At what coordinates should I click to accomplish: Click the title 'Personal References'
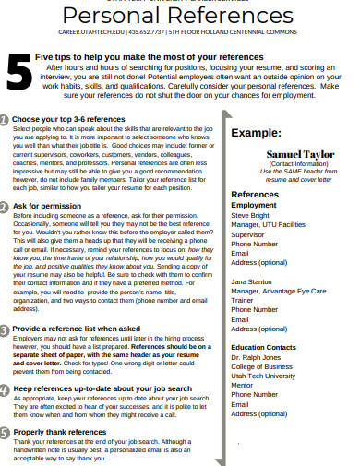coord(179,18)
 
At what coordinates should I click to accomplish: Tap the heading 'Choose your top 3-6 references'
coord(70,120)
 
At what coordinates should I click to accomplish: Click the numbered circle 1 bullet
coord(6,120)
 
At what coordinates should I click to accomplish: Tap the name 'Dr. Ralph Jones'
coord(256,356)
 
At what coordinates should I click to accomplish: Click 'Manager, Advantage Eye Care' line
coord(281,291)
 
